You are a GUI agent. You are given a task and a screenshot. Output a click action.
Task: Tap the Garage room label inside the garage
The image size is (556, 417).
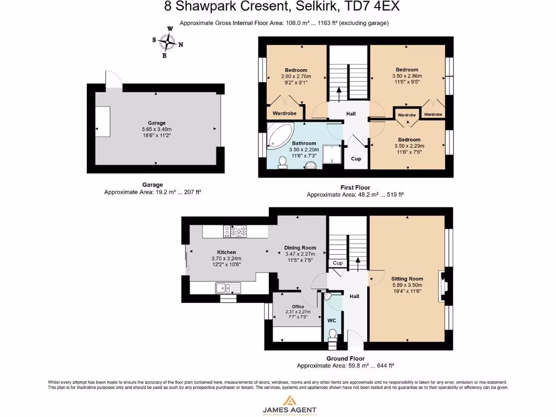point(156,123)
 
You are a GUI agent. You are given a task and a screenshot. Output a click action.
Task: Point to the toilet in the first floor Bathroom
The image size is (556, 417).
point(282,161)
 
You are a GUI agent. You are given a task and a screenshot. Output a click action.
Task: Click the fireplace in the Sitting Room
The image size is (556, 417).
point(443,282)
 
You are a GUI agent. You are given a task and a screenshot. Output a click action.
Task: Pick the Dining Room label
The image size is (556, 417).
point(300,248)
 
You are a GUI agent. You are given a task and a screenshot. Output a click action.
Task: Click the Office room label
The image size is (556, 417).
point(298,306)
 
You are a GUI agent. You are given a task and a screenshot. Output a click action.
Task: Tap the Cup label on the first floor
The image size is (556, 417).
point(356,159)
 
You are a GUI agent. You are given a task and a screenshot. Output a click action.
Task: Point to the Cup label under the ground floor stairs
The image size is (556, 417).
point(338,263)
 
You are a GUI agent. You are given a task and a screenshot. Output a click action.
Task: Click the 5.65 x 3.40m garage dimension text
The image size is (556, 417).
point(156,129)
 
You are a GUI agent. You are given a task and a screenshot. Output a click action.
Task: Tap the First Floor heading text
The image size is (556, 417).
point(355,187)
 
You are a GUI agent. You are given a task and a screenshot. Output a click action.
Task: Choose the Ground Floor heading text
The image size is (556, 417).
point(345,358)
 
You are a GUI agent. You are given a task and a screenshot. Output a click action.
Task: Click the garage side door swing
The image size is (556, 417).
point(113,79)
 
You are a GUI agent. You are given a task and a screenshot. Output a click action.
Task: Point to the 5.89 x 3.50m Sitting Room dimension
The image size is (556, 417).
point(407,285)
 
